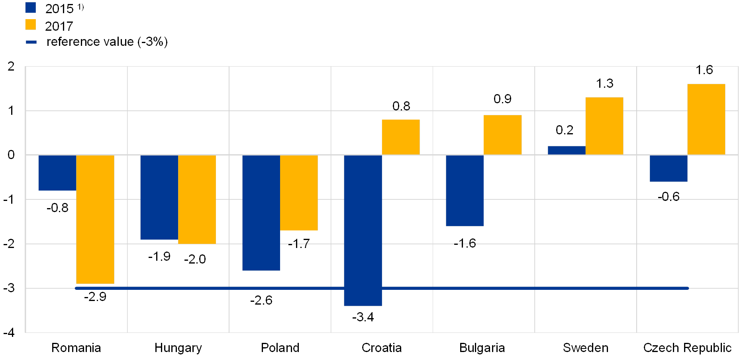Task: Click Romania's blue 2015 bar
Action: (57, 173)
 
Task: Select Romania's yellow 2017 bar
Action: (95, 219)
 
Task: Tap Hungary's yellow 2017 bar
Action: (197, 199)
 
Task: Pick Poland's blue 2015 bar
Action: (261, 212)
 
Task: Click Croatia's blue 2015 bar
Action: (363, 230)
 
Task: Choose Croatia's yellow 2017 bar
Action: (401, 137)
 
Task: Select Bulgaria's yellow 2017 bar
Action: (502, 135)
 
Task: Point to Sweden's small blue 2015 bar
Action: (567, 150)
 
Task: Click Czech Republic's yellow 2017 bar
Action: (706, 119)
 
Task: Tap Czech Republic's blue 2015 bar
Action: (669, 168)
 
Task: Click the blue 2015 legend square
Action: (31, 8)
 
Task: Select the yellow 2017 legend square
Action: (31, 25)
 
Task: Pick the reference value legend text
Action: (107, 42)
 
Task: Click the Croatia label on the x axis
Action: (382, 348)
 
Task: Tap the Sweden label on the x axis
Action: (585, 348)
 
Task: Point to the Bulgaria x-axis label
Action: (483, 348)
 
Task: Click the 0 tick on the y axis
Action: (11, 155)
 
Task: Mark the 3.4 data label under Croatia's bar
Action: (365, 317)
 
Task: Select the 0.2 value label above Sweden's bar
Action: (564, 130)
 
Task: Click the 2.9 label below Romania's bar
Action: (97, 297)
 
